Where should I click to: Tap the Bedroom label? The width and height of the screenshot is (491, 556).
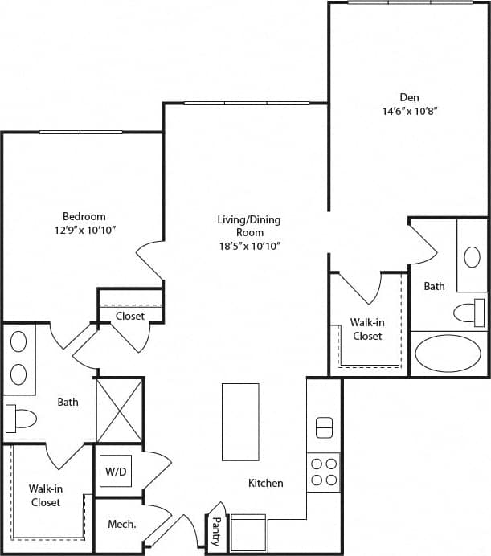tap(84, 216)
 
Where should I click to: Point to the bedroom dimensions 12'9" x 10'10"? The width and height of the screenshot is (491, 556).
tap(84, 230)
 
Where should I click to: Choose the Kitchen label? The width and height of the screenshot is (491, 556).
tap(265, 483)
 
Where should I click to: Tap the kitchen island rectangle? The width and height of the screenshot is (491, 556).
tap(240, 422)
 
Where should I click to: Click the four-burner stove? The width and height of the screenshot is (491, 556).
tap(323, 472)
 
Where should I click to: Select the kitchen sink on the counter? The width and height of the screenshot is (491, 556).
tap(324, 427)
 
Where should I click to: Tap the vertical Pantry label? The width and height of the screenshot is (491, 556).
tap(215, 531)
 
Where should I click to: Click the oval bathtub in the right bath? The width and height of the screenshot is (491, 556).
tap(446, 354)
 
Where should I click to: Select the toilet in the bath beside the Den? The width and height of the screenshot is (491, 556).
tap(469, 312)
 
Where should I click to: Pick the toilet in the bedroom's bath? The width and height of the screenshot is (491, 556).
tap(21, 418)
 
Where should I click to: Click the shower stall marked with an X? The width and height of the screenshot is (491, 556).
tap(119, 410)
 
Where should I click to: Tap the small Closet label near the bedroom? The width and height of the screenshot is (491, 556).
tap(129, 316)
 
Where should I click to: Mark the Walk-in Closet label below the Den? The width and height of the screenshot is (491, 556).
tap(366, 329)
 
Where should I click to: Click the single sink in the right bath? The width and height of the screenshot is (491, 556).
tap(472, 257)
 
